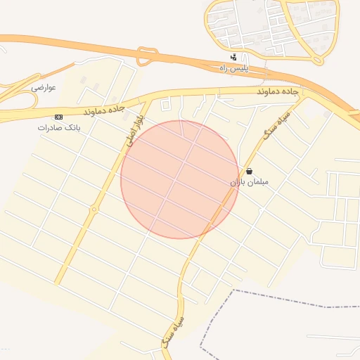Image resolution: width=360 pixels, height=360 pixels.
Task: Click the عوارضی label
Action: click(43, 87)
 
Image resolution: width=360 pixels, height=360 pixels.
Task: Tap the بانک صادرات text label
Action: click(56, 127)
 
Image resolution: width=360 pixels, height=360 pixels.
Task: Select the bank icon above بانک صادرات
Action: click(58, 117)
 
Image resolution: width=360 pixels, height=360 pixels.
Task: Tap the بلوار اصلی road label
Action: click(135, 130)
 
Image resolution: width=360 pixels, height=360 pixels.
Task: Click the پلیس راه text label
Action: click(233, 67)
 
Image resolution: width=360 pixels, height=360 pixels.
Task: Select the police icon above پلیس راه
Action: click(233, 58)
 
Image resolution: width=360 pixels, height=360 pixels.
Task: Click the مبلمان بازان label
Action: click(250, 181)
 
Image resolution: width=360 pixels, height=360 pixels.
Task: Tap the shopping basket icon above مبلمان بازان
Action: click(249, 171)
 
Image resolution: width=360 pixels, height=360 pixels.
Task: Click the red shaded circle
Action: click(179, 179)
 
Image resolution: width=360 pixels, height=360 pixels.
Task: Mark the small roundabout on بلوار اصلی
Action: click(94, 209)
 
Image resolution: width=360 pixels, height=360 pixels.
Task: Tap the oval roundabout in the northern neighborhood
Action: click(308, 28)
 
